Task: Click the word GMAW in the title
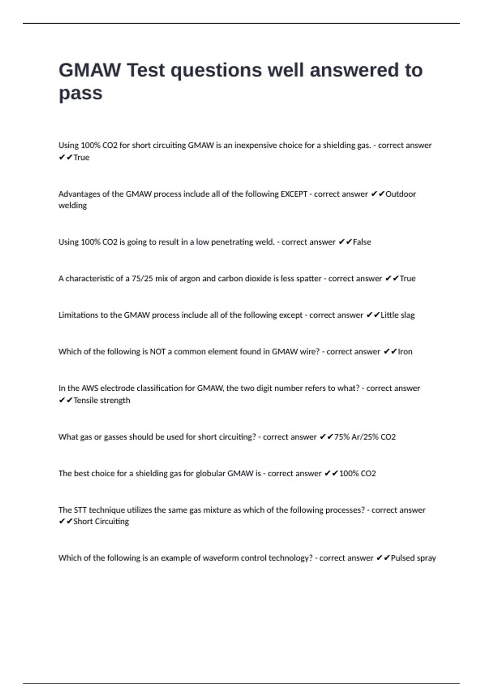pyautogui.click(x=89, y=70)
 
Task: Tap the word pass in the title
pyautogui.click(x=80, y=93)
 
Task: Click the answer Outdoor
pyautogui.click(x=400, y=194)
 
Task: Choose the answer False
pyautogui.click(x=362, y=242)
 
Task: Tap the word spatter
pyautogui.click(x=309, y=278)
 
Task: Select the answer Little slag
pyautogui.click(x=397, y=315)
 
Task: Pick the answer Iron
pyautogui.click(x=405, y=352)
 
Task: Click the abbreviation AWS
pyautogui.click(x=90, y=388)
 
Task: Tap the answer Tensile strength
pyautogui.click(x=102, y=400)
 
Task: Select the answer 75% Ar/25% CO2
pyautogui.click(x=365, y=437)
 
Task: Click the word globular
pyautogui.click(x=211, y=474)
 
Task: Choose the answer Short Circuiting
pyautogui.click(x=101, y=521)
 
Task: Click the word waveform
pyautogui.click(x=220, y=558)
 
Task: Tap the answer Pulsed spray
pyautogui.click(x=413, y=558)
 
